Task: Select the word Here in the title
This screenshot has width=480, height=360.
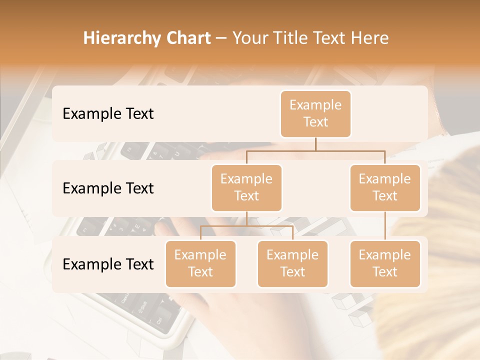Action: point(370,38)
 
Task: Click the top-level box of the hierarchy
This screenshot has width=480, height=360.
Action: point(315,113)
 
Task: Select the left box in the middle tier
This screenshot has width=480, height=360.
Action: point(246,187)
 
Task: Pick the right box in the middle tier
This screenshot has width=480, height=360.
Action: point(385,187)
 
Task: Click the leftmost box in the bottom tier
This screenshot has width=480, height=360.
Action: point(200,263)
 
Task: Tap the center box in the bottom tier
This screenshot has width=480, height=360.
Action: point(292,263)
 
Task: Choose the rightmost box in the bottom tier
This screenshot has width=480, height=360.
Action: point(385,263)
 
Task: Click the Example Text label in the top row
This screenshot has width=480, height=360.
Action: point(108,114)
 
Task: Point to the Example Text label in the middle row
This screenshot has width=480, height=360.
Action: point(108,188)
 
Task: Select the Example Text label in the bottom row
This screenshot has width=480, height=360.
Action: point(108,264)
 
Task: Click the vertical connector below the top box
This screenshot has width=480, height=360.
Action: point(315,144)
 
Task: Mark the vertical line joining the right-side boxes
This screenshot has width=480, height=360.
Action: point(385,226)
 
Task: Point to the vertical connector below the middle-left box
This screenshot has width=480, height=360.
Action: point(246,218)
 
